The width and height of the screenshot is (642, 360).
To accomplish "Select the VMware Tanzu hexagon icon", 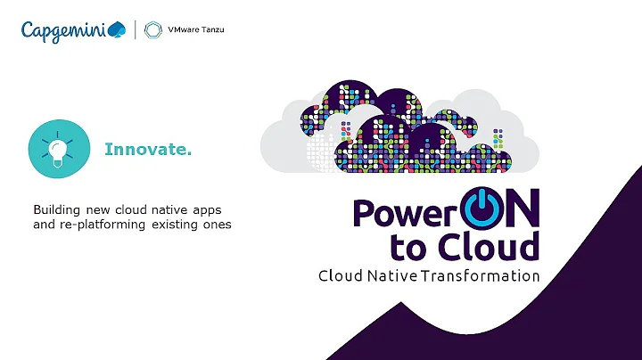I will tap(153, 30).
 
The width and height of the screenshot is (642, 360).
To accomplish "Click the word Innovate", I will tap(148, 149).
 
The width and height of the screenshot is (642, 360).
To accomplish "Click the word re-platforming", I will tap(100, 225).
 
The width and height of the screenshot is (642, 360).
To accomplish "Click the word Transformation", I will tap(490, 275).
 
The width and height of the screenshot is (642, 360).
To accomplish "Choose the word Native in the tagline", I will tap(396, 275).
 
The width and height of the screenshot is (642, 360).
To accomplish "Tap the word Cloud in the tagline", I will tap(340, 275).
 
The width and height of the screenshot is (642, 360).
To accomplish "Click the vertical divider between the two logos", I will tap(136, 30).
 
